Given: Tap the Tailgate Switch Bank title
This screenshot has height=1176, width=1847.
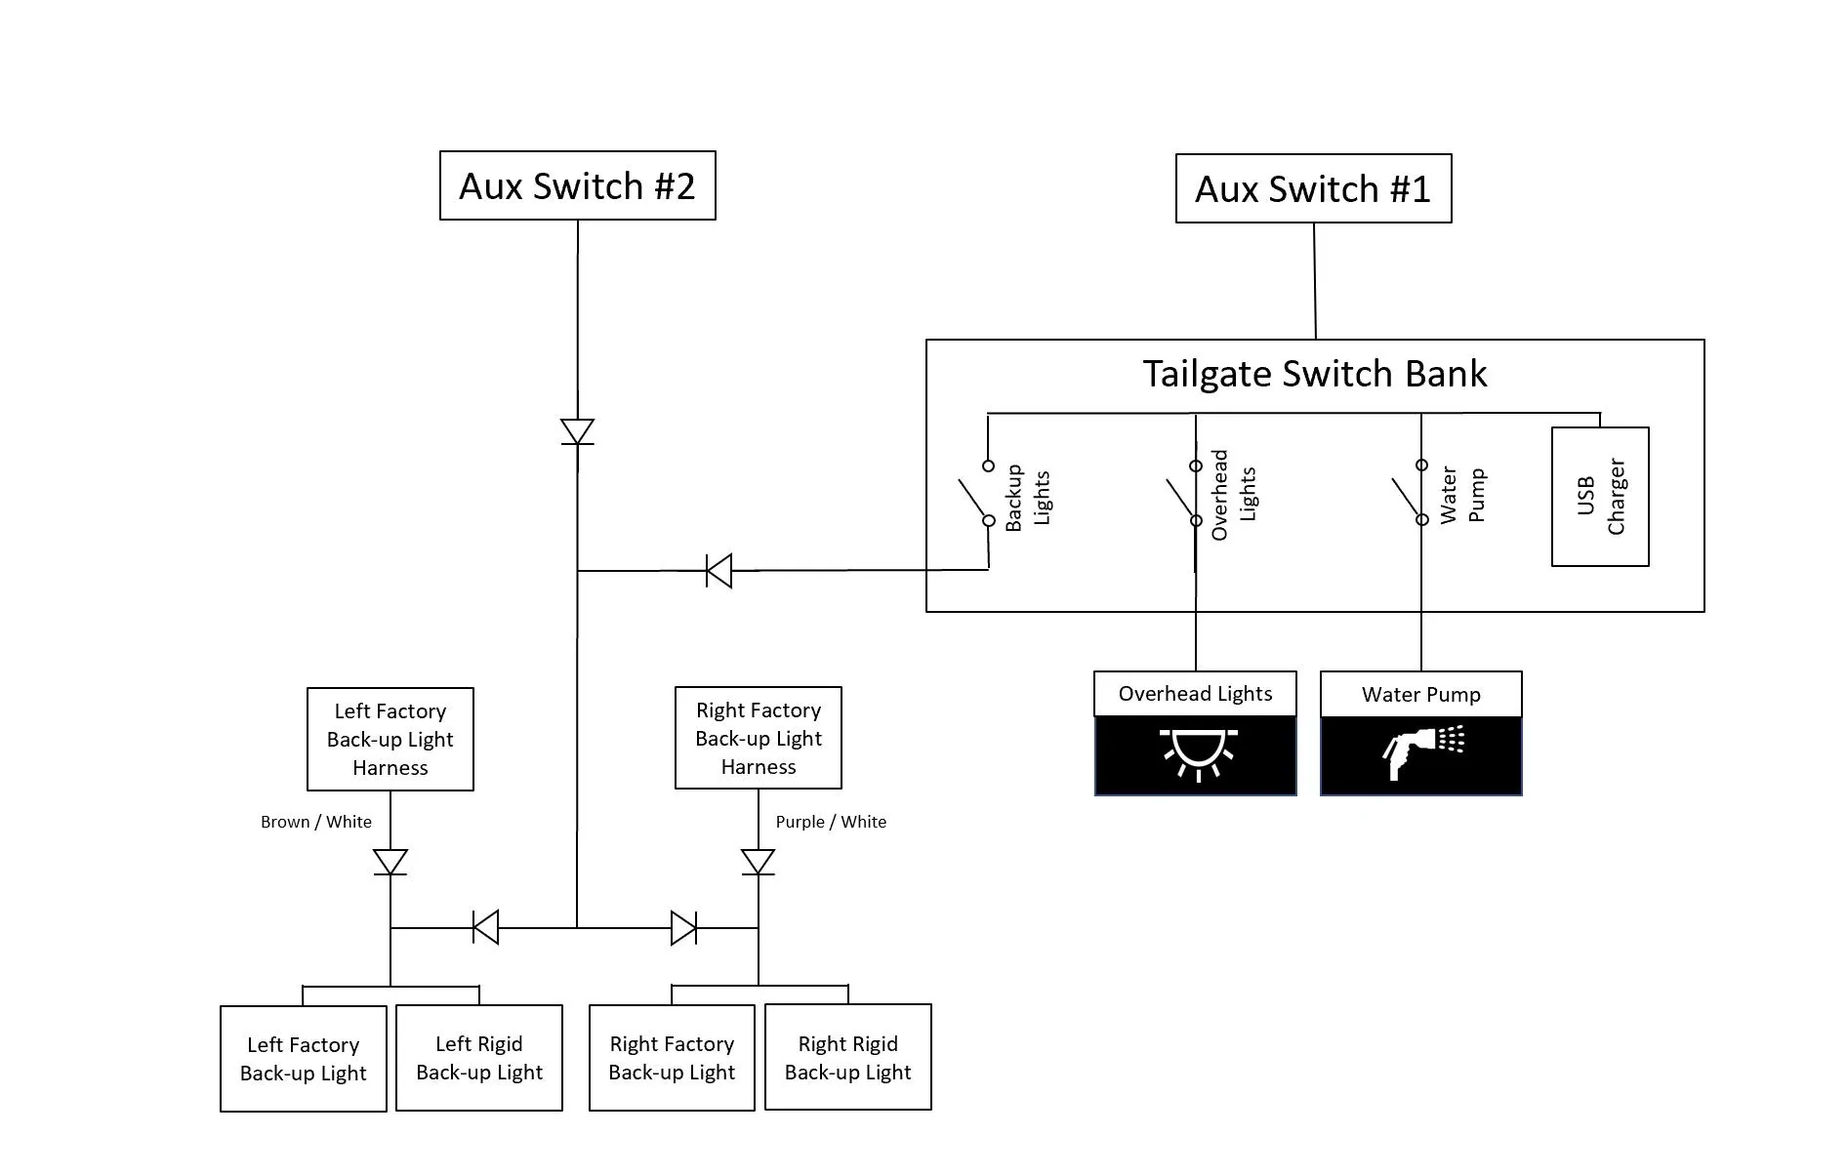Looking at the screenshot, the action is tap(1314, 374).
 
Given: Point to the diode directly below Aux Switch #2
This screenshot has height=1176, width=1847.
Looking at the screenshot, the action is tap(577, 431).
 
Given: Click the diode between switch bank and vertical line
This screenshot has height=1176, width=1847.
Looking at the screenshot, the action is tap(719, 571).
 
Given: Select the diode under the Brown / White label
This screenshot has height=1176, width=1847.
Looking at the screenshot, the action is tap(390, 862).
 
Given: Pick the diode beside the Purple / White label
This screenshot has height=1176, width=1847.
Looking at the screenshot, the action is tap(759, 862).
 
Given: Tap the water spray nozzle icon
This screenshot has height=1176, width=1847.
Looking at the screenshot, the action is tap(1423, 751).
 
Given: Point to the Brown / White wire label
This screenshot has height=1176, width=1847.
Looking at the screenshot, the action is tap(316, 822).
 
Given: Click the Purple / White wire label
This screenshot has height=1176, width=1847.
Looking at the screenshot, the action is tap(831, 822).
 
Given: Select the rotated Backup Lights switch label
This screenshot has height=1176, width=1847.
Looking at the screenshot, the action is tap(1028, 498).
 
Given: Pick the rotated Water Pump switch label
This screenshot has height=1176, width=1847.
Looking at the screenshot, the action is tap(1462, 495).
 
